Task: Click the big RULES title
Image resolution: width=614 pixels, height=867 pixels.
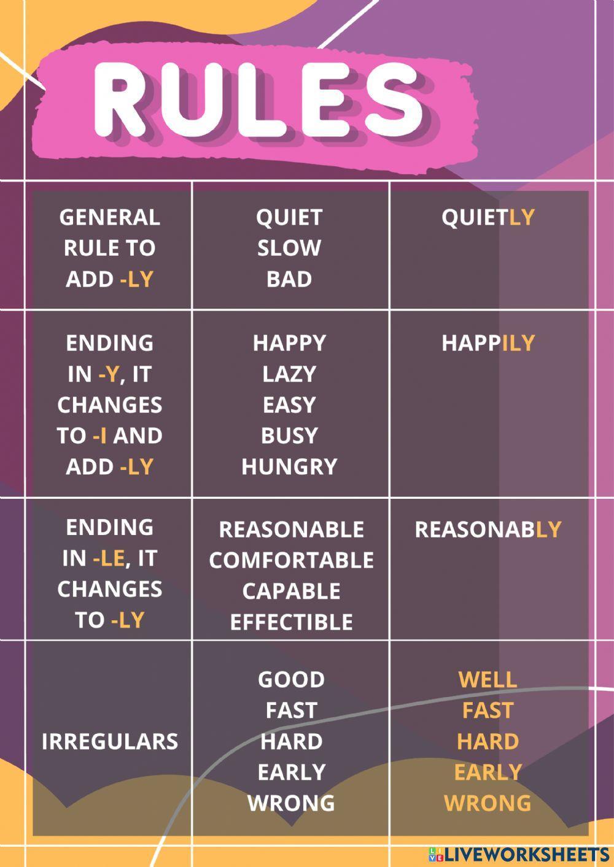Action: (258, 98)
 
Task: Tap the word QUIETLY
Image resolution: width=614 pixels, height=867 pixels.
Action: (488, 217)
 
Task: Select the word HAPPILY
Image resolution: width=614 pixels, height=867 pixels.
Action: (488, 343)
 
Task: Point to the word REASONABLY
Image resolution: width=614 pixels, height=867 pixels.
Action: (488, 530)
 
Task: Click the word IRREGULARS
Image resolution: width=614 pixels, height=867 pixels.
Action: (109, 741)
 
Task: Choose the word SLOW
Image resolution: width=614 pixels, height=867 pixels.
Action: (289, 248)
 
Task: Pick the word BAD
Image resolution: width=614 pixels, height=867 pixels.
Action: (289, 279)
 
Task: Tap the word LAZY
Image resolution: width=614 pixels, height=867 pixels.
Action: (289, 374)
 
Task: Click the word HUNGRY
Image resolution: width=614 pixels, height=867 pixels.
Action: (289, 467)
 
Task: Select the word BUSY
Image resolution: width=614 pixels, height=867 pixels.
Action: (289, 436)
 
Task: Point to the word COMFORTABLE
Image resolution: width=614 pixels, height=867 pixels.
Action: (291, 560)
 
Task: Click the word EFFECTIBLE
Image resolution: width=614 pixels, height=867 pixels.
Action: (291, 622)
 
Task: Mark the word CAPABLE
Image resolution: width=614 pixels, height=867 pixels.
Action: (291, 591)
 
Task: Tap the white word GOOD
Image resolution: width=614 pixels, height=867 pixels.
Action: (291, 679)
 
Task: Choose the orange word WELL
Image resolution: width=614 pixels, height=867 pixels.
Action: (488, 679)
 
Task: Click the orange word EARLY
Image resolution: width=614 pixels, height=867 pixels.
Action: (488, 772)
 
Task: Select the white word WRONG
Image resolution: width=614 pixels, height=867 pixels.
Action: (291, 803)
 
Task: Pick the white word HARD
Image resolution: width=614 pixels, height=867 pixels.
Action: (291, 741)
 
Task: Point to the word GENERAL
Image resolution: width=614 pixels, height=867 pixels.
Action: (109, 217)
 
